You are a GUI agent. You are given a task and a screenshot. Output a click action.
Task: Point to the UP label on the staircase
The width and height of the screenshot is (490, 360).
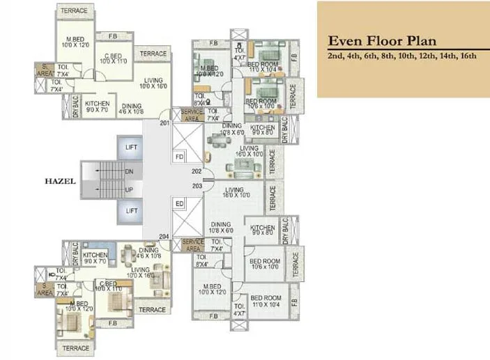click(x=129, y=189)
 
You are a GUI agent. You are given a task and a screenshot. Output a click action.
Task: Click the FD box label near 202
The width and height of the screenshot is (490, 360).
click(x=179, y=157)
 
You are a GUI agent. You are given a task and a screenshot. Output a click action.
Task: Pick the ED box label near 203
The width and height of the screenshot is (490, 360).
click(x=179, y=203)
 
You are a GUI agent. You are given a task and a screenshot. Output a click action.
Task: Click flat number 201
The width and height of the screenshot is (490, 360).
click(x=164, y=123)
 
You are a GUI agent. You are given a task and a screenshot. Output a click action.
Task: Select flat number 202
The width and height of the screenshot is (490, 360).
click(x=197, y=171)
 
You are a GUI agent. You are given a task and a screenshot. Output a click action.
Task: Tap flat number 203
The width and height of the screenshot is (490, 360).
click(x=197, y=186)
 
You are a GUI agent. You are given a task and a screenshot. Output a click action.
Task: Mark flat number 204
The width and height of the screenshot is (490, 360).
click(x=164, y=237)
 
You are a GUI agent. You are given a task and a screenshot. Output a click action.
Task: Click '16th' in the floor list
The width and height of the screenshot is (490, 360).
click(x=466, y=56)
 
